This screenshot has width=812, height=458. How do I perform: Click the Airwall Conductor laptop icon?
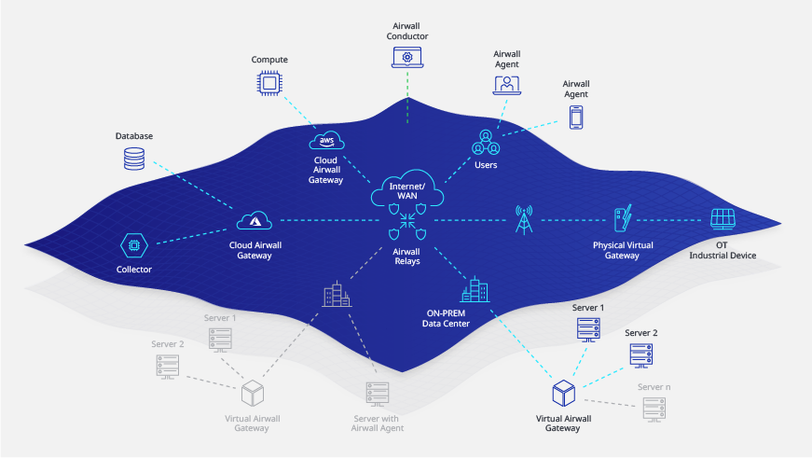pos(407,58)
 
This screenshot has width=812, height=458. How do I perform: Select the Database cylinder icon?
pos(134,159)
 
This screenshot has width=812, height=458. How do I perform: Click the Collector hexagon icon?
pos(135,245)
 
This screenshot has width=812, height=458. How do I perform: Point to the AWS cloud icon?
pos(325,140)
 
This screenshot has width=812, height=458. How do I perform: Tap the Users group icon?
pos(486,143)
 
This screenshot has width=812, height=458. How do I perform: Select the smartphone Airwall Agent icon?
pos(576,117)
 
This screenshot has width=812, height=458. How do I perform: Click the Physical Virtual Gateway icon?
pos(622,221)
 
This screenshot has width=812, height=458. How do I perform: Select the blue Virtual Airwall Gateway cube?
pos(562,391)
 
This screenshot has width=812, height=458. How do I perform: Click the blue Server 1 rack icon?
pos(588,328)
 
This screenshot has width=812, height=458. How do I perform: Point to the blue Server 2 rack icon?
pos(640,354)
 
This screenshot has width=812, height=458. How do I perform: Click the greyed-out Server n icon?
pos(653,407)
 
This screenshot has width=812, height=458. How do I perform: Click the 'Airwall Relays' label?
pos(406,256)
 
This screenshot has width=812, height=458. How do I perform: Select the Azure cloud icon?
pos(254,220)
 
